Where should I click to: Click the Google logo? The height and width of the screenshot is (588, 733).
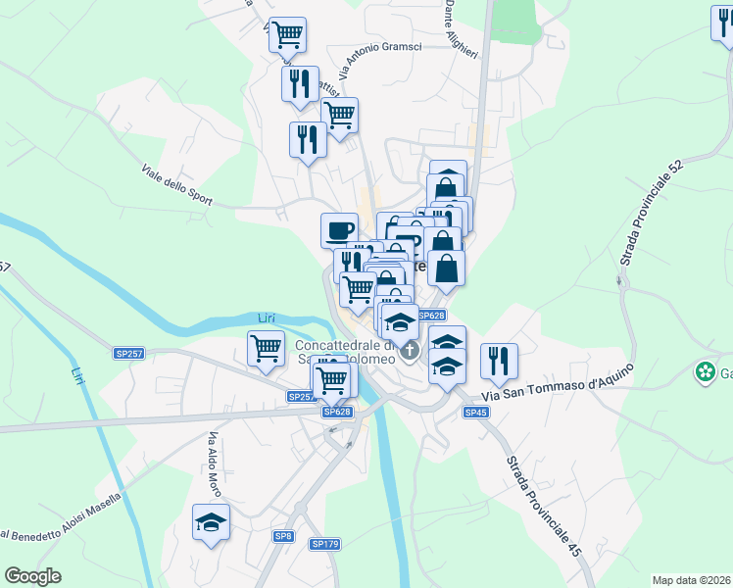[x=33, y=576]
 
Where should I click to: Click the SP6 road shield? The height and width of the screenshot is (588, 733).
[x=283, y=536]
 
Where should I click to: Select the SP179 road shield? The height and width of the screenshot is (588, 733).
[x=324, y=544]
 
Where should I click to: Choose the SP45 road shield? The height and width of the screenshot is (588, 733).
[x=476, y=413]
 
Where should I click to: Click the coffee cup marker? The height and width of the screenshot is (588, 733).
[x=339, y=230]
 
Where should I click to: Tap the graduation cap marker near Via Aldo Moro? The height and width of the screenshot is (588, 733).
[x=211, y=522]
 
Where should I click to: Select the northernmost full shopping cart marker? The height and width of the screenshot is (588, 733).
[x=288, y=34]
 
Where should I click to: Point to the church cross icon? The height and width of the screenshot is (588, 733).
[x=410, y=350]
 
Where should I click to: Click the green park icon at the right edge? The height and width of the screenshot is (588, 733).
[x=705, y=372]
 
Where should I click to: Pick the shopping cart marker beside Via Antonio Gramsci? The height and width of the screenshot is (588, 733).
[x=339, y=115]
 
